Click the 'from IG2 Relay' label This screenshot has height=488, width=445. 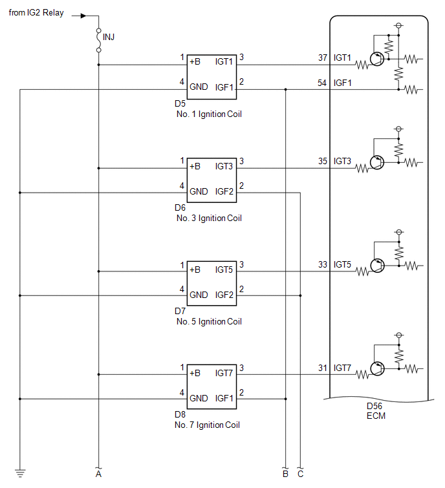(36, 13)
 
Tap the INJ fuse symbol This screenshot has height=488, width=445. (99, 40)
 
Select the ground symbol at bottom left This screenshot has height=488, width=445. (20, 473)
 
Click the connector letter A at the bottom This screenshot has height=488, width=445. (99, 474)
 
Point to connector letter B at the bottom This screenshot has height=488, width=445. (285, 474)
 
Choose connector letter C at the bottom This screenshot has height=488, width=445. (300, 474)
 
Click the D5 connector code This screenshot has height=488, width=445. (180, 103)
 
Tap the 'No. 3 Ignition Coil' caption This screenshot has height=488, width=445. (209, 218)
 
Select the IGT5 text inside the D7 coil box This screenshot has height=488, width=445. (224, 270)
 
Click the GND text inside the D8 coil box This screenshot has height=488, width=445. (199, 398)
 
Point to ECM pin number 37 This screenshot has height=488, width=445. (323, 58)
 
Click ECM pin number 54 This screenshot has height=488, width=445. (322, 83)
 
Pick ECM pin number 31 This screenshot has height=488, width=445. (323, 368)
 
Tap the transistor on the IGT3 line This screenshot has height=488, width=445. (377, 162)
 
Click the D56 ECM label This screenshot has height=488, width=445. (376, 411)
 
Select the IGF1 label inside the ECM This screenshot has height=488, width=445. (343, 83)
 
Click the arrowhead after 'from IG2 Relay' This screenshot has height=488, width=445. (83, 16)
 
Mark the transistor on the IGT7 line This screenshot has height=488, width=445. (377, 369)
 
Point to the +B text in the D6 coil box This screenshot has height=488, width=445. (195, 166)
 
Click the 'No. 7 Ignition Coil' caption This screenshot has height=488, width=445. (207, 425)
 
